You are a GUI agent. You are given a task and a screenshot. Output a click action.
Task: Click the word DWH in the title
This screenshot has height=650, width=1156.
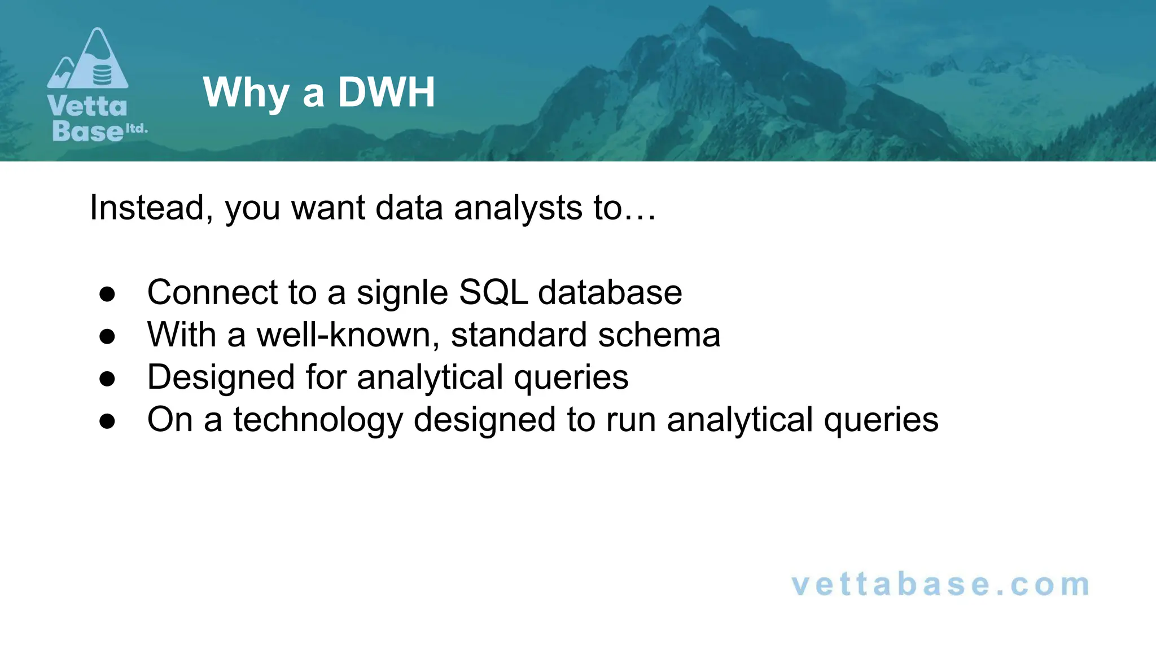click(387, 92)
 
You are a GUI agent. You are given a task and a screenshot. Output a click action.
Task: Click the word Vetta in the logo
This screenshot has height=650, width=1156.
click(87, 106)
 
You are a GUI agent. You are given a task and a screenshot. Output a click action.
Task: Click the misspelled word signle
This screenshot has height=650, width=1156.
click(402, 293)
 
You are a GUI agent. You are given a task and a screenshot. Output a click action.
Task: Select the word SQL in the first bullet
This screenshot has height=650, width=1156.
click(493, 292)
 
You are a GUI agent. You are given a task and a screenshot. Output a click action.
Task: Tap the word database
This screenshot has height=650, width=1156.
click(610, 292)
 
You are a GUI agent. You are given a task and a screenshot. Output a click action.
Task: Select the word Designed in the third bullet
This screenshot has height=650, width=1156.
click(221, 377)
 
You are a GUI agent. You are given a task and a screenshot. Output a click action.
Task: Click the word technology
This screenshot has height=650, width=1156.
click(318, 420)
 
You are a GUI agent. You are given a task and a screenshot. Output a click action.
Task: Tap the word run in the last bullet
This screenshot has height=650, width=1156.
click(630, 420)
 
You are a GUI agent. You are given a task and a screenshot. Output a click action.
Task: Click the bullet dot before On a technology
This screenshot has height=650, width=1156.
click(107, 421)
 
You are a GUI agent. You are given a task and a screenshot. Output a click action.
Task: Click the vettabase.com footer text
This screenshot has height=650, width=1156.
click(940, 585)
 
